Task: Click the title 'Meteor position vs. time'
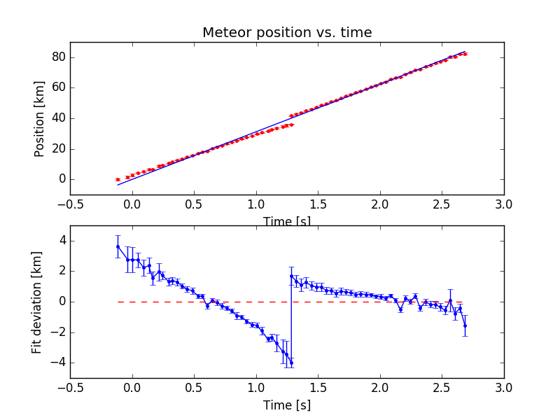click(x=287, y=33)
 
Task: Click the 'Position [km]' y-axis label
click(x=40, y=118)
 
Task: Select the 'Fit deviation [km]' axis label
click(x=37, y=302)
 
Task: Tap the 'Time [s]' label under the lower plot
click(x=287, y=405)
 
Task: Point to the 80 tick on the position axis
click(x=57, y=57)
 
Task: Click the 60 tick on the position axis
click(x=57, y=87)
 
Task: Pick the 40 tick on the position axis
click(x=57, y=118)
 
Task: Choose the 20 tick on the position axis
click(x=57, y=148)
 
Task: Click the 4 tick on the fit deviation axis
click(x=62, y=241)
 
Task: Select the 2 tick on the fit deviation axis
click(x=62, y=272)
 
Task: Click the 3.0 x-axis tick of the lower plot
click(x=504, y=386)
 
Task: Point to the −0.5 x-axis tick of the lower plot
click(x=70, y=386)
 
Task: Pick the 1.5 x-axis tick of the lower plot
click(x=318, y=386)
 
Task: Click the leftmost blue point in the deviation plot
click(x=118, y=246)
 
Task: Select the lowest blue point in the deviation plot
click(x=291, y=362)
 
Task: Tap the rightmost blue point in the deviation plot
click(x=465, y=325)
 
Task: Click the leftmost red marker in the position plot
click(x=118, y=179)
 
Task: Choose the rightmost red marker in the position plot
click(x=465, y=54)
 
